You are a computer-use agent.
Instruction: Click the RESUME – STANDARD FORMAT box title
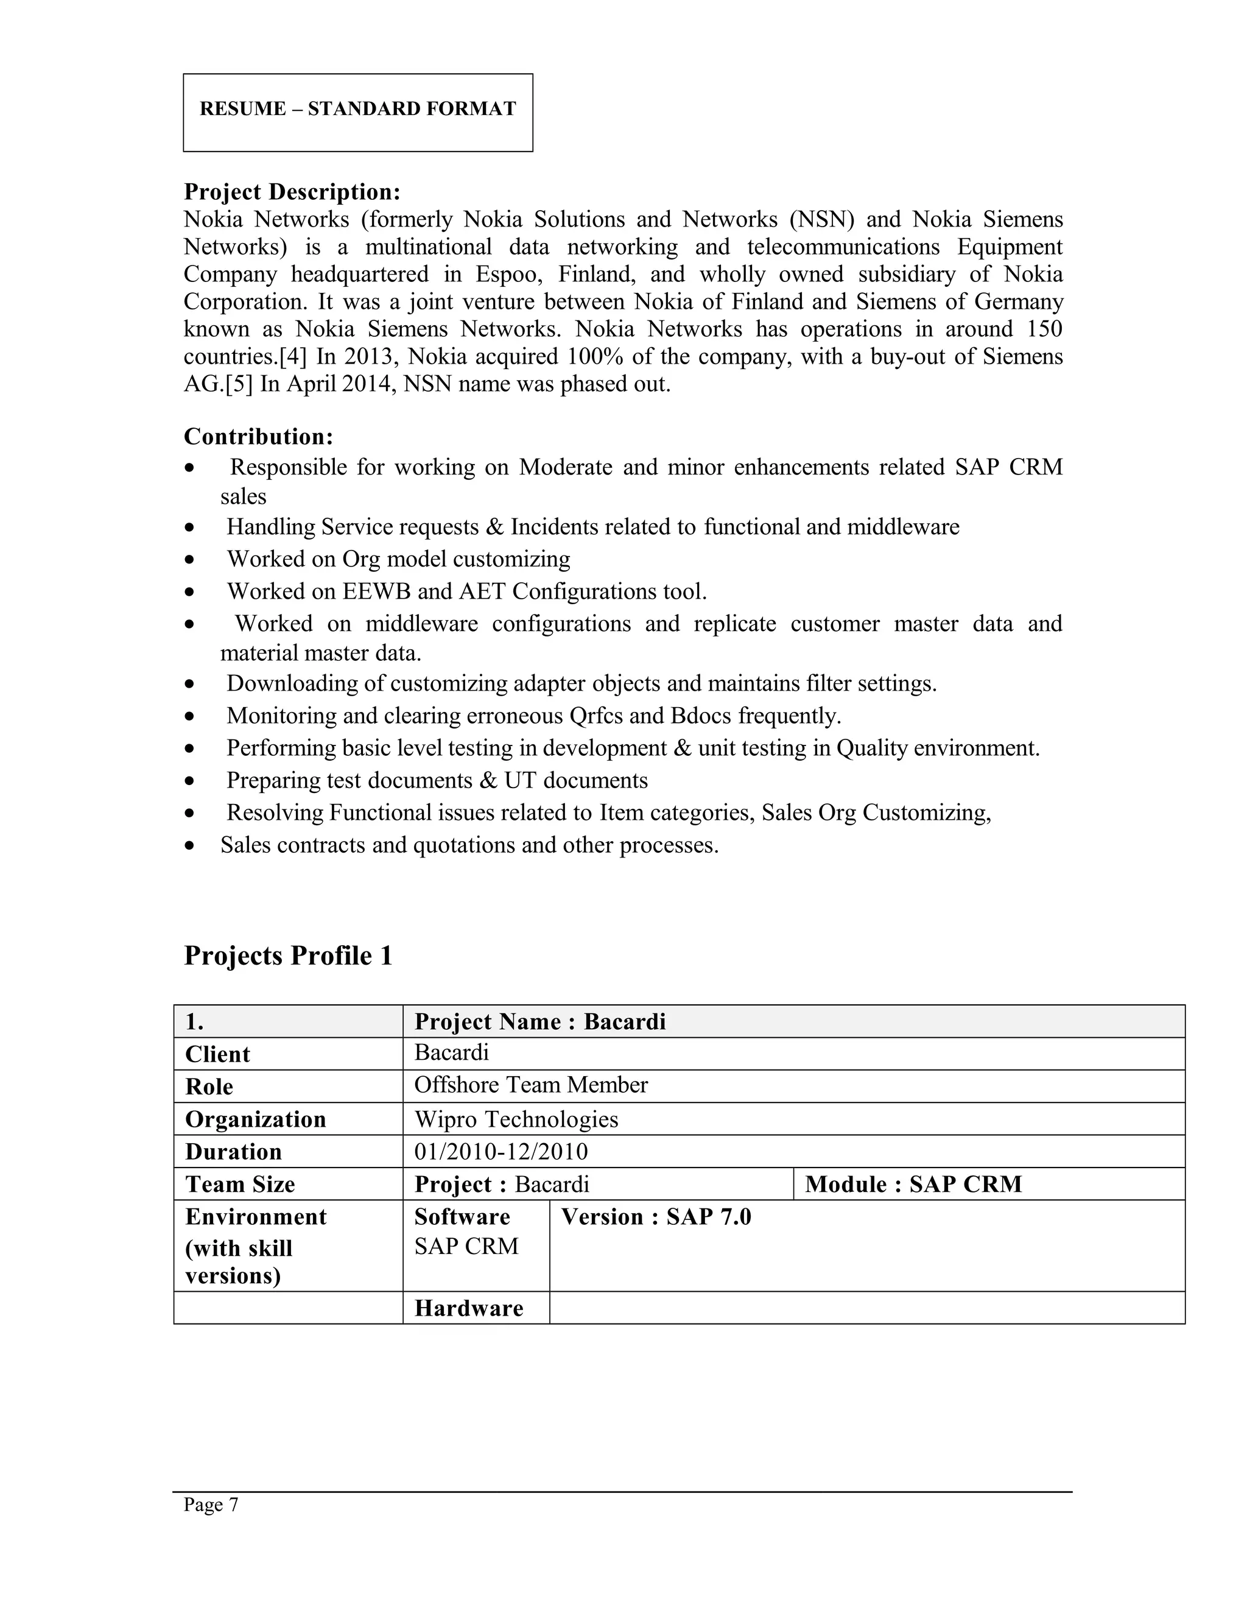point(357,108)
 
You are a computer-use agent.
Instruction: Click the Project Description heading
point(292,192)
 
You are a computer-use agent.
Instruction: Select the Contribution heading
point(259,437)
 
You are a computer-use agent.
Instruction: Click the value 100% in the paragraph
point(595,357)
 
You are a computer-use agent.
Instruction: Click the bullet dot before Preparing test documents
point(191,781)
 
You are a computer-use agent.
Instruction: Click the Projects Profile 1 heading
point(288,956)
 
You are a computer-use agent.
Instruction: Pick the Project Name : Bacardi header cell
point(540,1022)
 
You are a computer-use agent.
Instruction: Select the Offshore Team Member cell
point(530,1085)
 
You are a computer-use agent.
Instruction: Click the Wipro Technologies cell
point(516,1119)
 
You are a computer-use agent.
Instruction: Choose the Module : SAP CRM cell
point(913,1185)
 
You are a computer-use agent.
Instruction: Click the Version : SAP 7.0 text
point(655,1217)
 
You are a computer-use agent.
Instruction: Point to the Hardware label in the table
point(468,1309)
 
